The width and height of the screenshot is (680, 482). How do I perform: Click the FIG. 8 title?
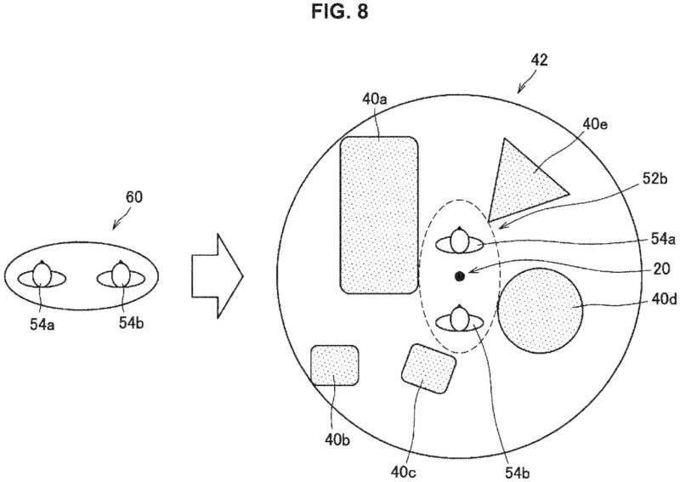click(x=339, y=11)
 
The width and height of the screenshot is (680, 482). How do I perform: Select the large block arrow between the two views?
click(x=218, y=276)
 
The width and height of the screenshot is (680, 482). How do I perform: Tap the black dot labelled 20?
click(x=460, y=276)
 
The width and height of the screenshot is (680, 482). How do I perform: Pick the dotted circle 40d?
click(x=541, y=310)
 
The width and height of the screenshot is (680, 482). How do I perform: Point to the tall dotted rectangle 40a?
click(x=379, y=215)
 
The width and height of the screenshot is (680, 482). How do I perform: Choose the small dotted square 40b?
click(x=335, y=366)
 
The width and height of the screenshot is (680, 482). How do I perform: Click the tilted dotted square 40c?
click(x=429, y=369)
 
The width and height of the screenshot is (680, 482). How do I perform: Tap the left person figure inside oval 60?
click(x=42, y=275)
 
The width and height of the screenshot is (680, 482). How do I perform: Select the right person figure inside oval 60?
click(x=121, y=275)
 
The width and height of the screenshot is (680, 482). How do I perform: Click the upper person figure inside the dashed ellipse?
click(x=460, y=241)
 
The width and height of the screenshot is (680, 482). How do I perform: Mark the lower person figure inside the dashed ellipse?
click(x=460, y=320)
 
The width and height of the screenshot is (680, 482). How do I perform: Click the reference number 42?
click(x=540, y=60)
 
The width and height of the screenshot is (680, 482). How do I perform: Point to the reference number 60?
click(x=134, y=197)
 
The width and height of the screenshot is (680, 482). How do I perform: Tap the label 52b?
click(x=654, y=179)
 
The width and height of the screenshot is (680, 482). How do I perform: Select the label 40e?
click(x=595, y=124)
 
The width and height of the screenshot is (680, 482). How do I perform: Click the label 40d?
click(x=664, y=299)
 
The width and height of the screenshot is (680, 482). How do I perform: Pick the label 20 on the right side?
click(x=661, y=269)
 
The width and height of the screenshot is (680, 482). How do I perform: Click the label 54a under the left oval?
click(x=42, y=324)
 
